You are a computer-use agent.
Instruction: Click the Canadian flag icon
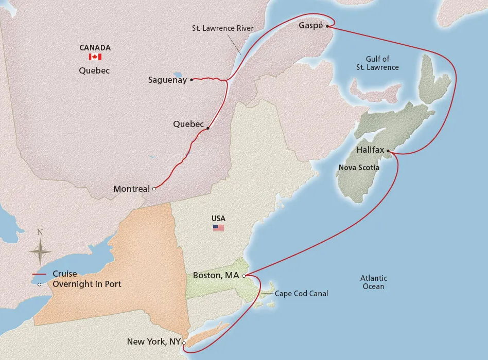coord(95,57)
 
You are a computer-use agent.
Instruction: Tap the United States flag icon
coord(219,228)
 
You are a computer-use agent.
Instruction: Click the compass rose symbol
coord(40,251)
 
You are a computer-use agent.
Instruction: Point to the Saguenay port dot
coord(191,80)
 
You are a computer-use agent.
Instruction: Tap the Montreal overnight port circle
coord(154,189)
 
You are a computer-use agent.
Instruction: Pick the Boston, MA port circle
coord(243,276)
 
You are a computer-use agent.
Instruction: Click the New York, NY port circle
coord(184,343)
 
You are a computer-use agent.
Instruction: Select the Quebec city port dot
coord(207,129)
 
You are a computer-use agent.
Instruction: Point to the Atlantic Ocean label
coord(373,282)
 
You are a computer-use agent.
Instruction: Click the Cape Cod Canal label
coord(301,294)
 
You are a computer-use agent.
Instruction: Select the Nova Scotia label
coord(359,168)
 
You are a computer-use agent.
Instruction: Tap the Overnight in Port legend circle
coord(40,284)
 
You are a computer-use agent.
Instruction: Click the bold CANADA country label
coord(95,48)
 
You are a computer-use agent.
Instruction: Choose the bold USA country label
coord(218,219)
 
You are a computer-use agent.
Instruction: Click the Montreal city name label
coord(131,189)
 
